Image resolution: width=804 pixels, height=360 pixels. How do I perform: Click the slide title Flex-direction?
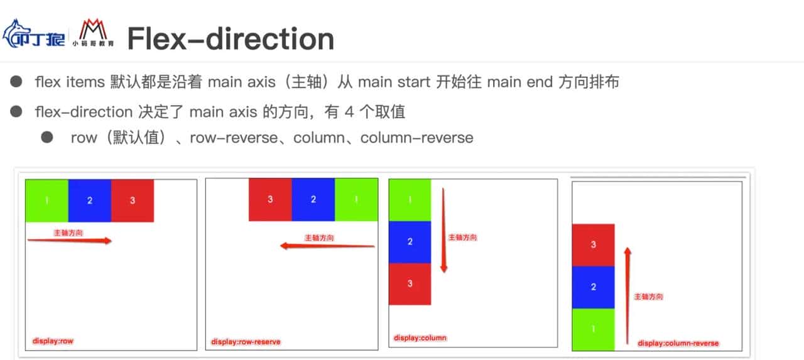tap(230, 38)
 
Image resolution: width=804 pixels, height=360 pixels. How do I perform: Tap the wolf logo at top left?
tap(34, 35)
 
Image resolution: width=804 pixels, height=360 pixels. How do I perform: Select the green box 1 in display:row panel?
tap(46, 200)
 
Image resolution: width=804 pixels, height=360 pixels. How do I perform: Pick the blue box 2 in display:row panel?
tap(90, 200)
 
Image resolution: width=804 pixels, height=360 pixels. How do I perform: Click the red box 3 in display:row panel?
tap(133, 200)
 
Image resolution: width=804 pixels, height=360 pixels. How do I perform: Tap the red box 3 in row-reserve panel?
tap(270, 200)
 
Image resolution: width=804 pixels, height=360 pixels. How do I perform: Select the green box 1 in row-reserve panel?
tap(356, 200)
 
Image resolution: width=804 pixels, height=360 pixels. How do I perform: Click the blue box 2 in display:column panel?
tap(410, 242)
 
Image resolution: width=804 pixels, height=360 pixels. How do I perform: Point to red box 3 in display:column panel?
tap(410, 284)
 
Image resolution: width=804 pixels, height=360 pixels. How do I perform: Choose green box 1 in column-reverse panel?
tap(593, 329)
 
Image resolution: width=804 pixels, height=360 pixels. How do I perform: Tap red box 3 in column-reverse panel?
tap(593, 245)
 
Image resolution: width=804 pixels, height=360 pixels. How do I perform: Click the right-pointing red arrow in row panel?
tap(69, 240)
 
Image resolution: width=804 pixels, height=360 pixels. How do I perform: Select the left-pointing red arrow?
tap(327, 246)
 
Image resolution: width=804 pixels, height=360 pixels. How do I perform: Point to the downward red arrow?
tap(443, 229)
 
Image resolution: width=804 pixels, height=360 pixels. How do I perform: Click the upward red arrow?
tap(627, 295)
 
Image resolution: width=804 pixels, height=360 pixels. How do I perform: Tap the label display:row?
tap(49, 341)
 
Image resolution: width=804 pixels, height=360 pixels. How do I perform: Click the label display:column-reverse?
tap(678, 343)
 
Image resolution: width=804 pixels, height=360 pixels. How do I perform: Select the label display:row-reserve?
tap(246, 342)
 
